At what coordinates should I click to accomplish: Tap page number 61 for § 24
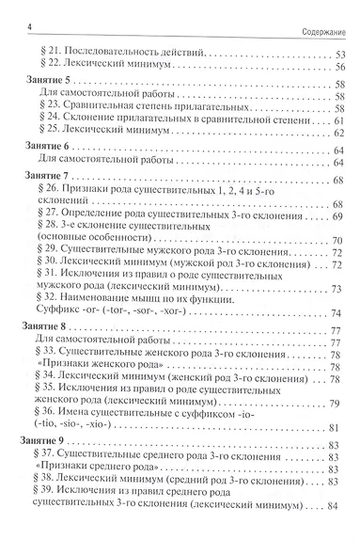click(339, 122)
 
